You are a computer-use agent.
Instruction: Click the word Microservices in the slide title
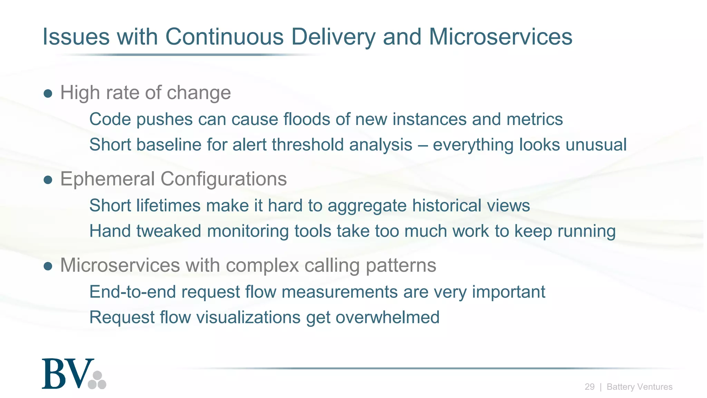tap(500, 37)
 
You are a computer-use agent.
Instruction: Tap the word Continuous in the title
tap(224, 37)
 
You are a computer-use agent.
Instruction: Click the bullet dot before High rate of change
tap(48, 93)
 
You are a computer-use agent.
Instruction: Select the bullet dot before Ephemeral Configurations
tap(48, 180)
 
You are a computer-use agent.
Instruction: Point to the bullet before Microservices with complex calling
tap(48, 266)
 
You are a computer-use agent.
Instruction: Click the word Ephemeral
tap(107, 179)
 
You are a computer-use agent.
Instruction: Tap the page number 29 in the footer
tap(589, 387)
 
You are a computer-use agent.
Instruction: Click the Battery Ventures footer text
tap(639, 387)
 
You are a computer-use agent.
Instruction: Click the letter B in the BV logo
tap(55, 374)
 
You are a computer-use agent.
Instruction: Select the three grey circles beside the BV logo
tap(97, 380)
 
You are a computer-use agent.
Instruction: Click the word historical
tap(446, 206)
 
